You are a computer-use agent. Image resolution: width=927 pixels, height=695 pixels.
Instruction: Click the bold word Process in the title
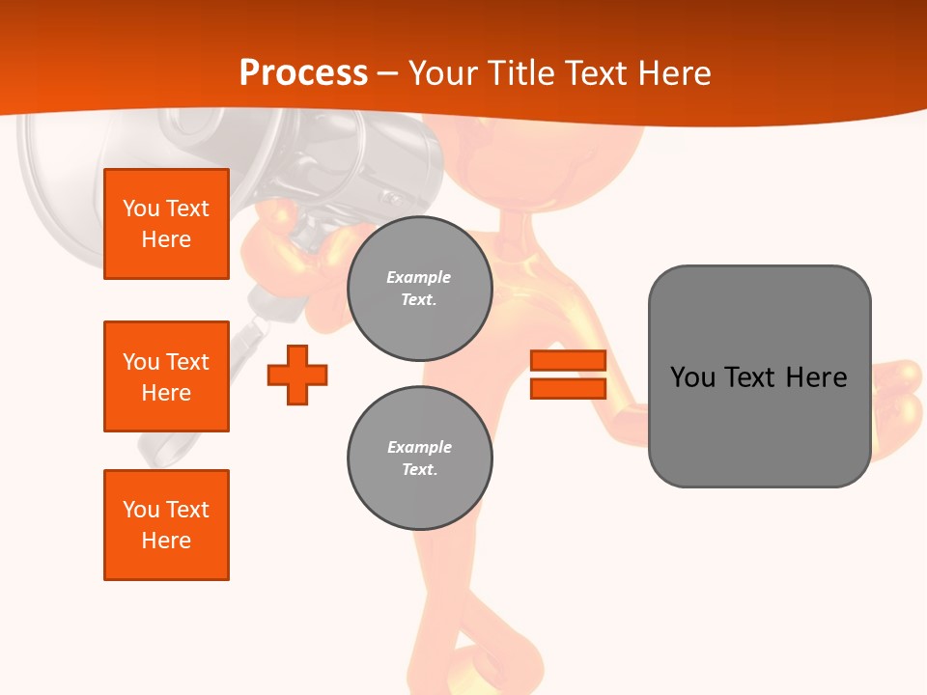click(x=303, y=72)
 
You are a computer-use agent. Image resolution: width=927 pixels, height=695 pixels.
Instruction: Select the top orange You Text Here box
click(x=166, y=224)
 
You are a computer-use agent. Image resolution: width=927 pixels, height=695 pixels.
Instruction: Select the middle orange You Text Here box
click(x=166, y=376)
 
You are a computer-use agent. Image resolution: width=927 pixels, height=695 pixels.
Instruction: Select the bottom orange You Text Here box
click(x=166, y=525)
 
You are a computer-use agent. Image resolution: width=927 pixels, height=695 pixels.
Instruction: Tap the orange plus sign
click(x=297, y=375)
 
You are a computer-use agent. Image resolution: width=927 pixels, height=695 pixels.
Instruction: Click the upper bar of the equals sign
click(x=568, y=360)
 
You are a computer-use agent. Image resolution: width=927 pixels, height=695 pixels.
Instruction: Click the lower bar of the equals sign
click(x=568, y=388)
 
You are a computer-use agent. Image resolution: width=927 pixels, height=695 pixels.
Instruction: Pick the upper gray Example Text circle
click(x=420, y=289)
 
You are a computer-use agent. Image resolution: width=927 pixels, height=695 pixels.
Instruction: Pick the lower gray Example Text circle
click(x=420, y=459)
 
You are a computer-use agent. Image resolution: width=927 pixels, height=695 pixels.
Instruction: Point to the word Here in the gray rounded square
click(x=816, y=377)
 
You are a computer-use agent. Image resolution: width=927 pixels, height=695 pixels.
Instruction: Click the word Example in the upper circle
click(x=419, y=277)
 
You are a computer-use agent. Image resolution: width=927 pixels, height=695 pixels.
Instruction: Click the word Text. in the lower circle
click(x=419, y=470)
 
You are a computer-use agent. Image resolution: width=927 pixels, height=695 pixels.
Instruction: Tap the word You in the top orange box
click(x=140, y=208)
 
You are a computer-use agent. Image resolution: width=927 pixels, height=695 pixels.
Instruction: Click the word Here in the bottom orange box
click(x=166, y=541)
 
